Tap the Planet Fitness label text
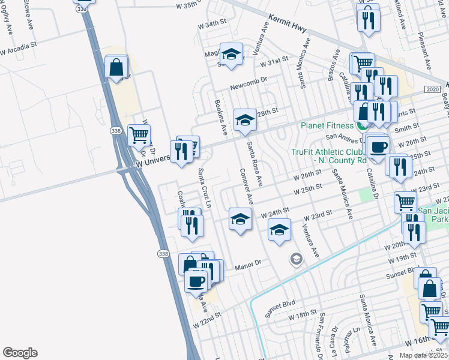coord(327,126)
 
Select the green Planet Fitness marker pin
coord(362,126)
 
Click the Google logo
coord(20,353)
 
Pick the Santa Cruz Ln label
coord(205,188)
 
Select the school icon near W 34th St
coord(231,54)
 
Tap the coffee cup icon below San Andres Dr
coord(378,148)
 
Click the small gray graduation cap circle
coord(295,259)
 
